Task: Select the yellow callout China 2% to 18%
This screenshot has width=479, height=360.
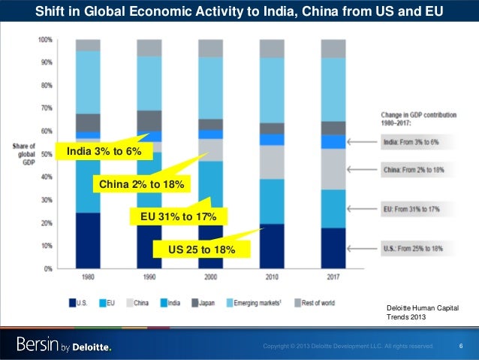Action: (x=141, y=184)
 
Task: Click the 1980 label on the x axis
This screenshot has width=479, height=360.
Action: (x=88, y=278)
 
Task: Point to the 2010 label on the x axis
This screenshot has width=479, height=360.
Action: (x=272, y=278)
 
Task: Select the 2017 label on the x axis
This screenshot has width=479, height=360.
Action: (x=333, y=278)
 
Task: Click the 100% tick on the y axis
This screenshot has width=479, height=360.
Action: (x=45, y=39)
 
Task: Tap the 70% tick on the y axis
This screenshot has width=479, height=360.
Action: (x=45, y=108)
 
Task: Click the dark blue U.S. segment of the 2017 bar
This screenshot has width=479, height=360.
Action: (x=333, y=248)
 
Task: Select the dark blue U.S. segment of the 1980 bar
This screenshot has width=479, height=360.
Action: (x=88, y=241)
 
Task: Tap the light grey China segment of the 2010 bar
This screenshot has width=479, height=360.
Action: (x=272, y=162)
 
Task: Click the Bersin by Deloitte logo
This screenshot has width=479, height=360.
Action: (x=65, y=345)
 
